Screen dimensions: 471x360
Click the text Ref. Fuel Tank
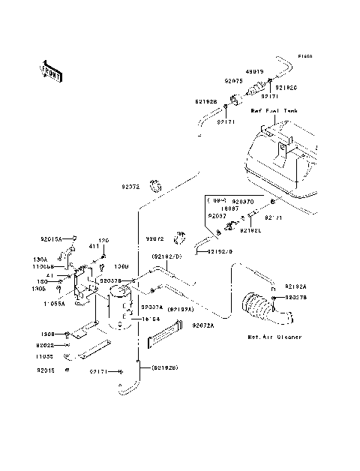[274, 110]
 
